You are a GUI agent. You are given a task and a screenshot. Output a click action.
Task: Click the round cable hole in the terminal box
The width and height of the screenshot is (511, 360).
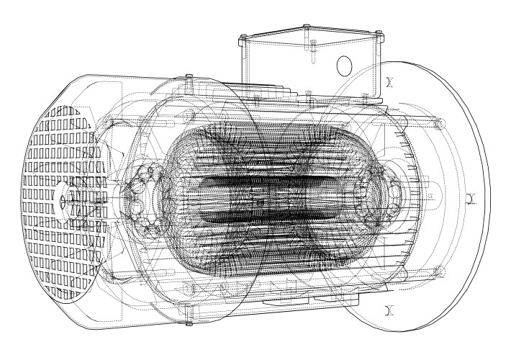(x=344, y=66)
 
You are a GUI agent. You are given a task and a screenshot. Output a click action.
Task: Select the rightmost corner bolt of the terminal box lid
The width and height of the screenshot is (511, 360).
(x=376, y=32)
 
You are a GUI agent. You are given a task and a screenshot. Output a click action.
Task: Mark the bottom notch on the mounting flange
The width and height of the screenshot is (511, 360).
(x=389, y=310)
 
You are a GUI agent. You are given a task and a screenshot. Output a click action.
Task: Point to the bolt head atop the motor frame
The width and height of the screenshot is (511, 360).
(x=188, y=77)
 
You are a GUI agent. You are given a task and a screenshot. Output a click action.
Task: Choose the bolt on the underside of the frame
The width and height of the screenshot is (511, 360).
(x=189, y=310)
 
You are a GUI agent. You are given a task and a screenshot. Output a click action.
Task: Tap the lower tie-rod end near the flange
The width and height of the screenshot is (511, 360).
(x=437, y=270)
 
